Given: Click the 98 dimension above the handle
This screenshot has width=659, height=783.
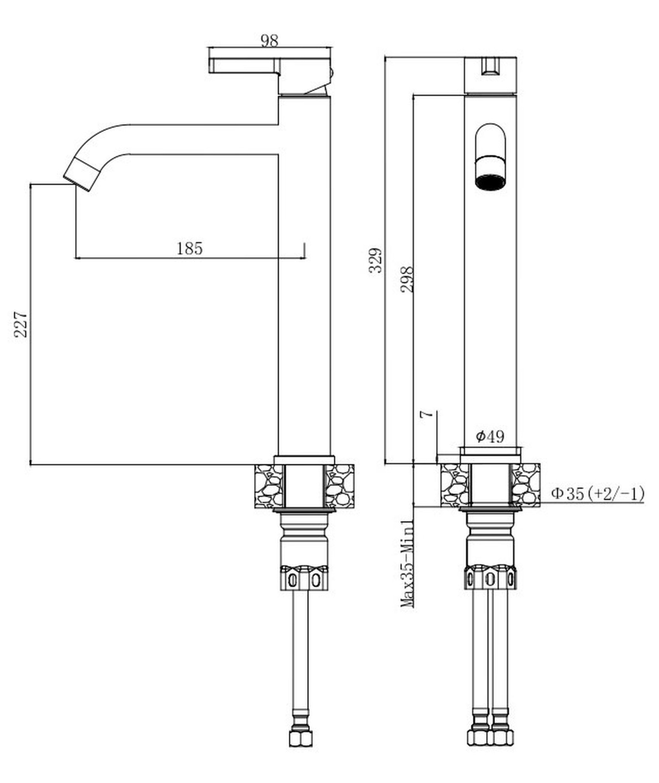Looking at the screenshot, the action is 269,40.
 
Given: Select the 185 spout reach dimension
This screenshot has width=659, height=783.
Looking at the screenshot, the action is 189,249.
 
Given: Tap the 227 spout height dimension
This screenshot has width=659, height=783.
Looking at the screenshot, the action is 21,324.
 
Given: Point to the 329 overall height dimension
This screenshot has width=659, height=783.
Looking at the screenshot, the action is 376,260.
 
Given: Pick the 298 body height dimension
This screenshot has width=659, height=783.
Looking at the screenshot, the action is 407,279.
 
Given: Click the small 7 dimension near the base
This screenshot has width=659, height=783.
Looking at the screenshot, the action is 427,414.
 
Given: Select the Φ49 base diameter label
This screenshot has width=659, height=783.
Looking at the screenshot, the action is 490,436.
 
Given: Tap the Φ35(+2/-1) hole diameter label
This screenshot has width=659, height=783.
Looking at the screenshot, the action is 597,493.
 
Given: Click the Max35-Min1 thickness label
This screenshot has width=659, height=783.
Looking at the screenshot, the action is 408,563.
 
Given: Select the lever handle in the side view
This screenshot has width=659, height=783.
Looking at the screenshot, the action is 245,66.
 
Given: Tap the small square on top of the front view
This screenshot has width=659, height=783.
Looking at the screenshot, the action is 490,67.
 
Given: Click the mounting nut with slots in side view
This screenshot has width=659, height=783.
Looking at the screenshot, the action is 304,578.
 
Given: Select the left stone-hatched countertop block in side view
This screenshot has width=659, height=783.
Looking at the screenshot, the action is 269,486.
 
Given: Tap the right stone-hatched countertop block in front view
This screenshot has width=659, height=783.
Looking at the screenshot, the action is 526,484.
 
